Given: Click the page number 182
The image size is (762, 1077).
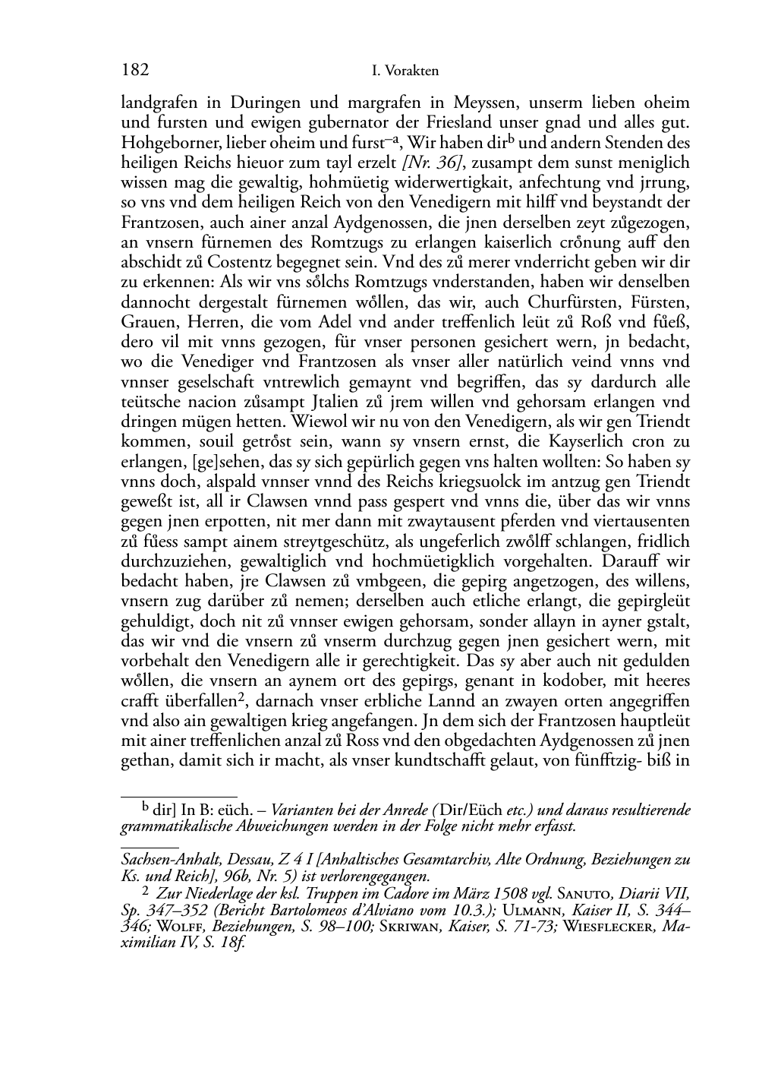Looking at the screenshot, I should click(134, 71).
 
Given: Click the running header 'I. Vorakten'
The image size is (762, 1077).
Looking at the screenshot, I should click(406, 71).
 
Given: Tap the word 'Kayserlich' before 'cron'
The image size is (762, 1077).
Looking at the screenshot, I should click(559, 441).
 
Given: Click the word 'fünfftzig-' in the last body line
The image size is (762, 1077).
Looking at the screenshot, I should click(616, 761).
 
